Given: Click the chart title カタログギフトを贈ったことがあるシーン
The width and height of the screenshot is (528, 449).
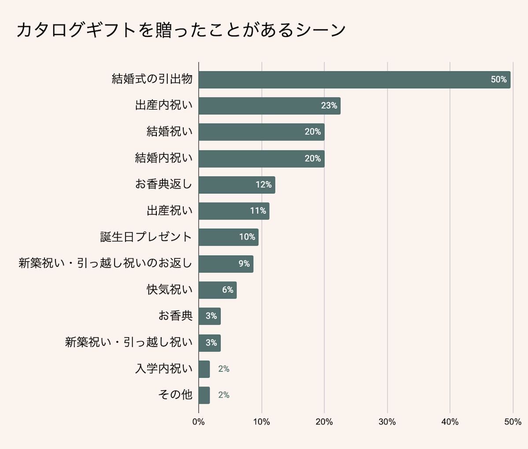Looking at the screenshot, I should [x=181, y=30].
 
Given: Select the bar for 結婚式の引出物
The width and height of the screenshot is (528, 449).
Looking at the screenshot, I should [x=354, y=80].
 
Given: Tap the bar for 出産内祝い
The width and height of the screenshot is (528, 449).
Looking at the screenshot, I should [x=269, y=106].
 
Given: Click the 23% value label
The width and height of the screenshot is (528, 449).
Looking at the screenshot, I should [x=329, y=106].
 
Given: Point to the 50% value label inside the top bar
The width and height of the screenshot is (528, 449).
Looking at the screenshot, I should [x=498, y=80].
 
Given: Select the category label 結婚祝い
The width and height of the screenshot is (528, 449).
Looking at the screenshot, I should [x=170, y=132].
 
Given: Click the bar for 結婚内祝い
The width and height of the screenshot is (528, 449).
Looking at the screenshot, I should [x=261, y=158].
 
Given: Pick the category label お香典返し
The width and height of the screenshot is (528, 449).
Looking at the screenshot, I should [x=164, y=184].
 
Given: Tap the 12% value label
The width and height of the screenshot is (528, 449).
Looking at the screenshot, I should [x=263, y=185].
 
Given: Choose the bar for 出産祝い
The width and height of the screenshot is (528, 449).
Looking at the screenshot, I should [x=234, y=211].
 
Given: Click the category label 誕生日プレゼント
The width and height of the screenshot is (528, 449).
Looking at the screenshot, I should [x=146, y=237].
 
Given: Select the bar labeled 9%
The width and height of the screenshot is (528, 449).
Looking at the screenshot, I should [x=225, y=264].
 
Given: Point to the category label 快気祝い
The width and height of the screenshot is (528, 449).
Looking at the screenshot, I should [x=170, y=290].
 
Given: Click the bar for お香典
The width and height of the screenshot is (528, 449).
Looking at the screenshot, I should [x=209, y=316].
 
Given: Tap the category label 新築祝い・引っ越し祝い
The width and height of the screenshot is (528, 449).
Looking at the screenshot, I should [x=129, y=343].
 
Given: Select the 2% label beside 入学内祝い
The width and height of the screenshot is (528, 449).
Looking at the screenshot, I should [x=224, y=369].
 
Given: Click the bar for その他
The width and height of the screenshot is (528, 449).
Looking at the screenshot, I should [x=204, y=395].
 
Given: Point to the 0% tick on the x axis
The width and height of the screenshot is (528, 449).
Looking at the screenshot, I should [x=199, y=422].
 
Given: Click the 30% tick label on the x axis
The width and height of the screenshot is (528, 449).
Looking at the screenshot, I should [x=387, y=422].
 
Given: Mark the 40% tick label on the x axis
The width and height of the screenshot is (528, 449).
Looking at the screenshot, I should [x=450, y=422].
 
